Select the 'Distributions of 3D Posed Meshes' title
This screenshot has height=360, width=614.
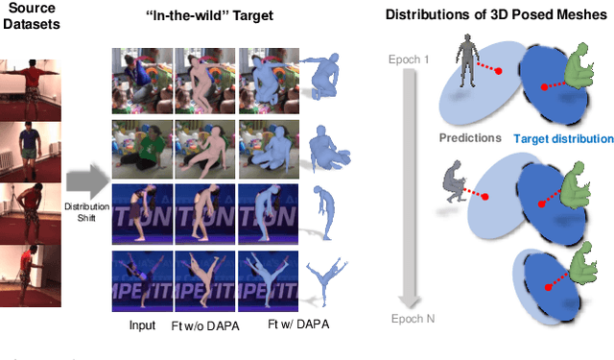tap(498, 16)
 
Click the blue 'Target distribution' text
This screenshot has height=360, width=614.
tap(562, 138)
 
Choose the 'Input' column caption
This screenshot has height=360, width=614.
tap(142, 325)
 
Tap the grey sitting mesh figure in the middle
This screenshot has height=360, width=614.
tap(454, 180)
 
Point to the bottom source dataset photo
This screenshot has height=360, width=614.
tap(31, 276)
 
